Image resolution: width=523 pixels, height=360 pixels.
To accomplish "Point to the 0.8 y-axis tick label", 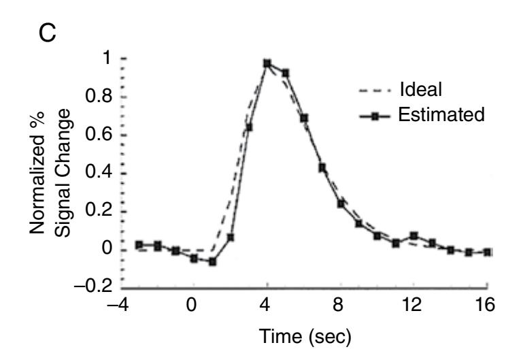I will pos(99,97).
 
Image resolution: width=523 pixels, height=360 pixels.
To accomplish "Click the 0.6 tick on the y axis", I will pos(99,135).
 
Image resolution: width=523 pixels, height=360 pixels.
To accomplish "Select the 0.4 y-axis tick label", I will pos(99,173).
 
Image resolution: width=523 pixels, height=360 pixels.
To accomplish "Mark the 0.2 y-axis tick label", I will pos(99,211).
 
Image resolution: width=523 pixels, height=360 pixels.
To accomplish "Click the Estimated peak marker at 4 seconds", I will pos(267,63).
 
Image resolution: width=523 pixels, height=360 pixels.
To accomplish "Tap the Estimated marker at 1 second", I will pos(212,261).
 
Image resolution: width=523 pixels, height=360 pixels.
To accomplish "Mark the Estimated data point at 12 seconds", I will pos(414,236).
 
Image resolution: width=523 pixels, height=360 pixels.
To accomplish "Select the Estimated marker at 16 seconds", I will pos(488,252).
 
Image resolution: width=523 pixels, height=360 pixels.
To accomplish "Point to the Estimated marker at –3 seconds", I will pos(139,245).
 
